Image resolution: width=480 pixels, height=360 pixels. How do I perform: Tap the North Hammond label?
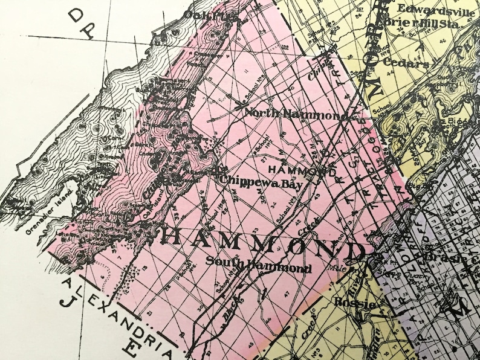click(295, 113)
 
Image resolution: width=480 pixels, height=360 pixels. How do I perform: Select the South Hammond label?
click(258, 265)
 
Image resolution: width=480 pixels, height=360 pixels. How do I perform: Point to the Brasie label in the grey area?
click(444, 257)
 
